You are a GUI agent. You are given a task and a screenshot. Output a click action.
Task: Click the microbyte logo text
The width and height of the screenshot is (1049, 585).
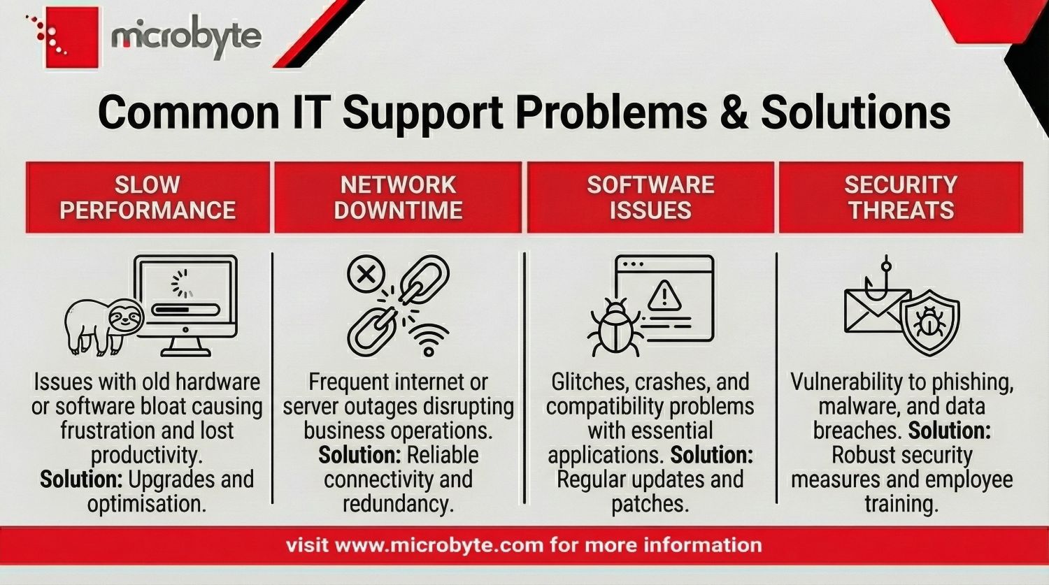tap(186, 38)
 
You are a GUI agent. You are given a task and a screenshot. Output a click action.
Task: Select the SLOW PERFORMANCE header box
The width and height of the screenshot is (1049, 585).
tap(148, 198)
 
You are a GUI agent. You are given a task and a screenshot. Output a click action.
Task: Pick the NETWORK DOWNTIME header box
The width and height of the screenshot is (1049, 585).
tap(398, 198)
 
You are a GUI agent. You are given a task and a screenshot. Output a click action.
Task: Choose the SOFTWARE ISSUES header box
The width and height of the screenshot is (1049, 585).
tap(650, 198)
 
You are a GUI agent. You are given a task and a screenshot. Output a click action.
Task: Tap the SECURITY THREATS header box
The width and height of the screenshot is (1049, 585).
tap(901, 198)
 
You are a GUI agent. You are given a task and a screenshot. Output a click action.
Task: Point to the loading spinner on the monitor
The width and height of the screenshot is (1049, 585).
tap(182, 284)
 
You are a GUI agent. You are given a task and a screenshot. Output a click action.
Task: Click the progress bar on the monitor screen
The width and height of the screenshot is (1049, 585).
tap(186, 310)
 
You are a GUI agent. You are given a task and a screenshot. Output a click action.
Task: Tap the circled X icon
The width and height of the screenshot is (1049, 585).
tap(366, 274)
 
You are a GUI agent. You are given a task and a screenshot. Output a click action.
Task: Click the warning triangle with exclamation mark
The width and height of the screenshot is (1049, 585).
tap(664, 296)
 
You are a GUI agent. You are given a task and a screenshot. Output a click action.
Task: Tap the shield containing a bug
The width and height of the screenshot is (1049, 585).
tap(931, 322)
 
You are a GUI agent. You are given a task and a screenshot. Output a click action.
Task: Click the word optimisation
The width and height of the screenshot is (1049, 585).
tap(147, 504)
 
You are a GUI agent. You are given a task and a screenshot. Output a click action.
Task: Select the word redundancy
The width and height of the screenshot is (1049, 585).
tap(399, 504)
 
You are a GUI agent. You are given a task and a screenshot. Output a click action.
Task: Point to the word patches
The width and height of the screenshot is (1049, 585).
tap(650, 504)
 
